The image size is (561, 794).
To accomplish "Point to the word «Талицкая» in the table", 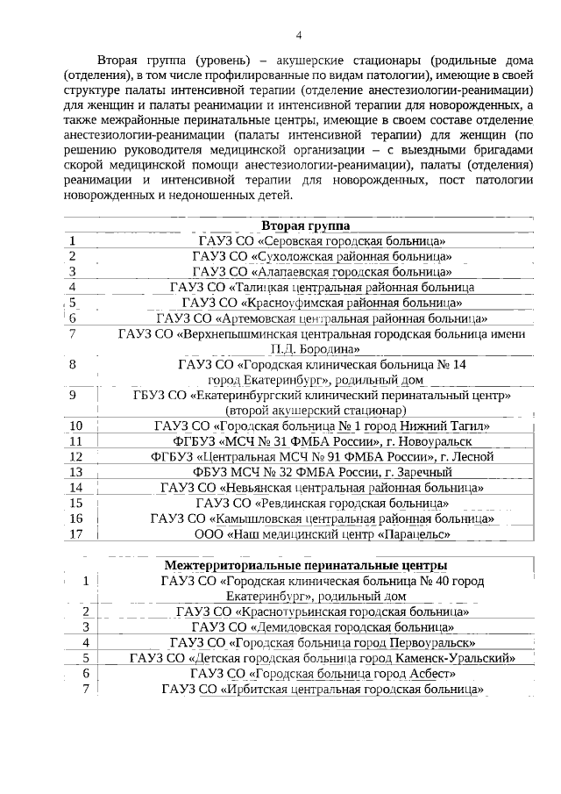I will tap(262, 287).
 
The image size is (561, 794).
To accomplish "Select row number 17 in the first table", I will tap(75, 533).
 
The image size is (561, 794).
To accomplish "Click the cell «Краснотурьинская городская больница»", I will tap(322, 612).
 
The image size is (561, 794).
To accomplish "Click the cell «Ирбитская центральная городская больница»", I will tap(322, 690).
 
